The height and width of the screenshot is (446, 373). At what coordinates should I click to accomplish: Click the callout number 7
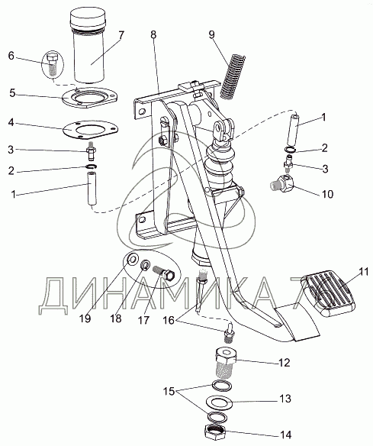pos(121,36)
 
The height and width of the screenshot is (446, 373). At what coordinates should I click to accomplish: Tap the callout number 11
pos(364,272)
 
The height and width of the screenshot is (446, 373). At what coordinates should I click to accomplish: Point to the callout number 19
pos(85,318)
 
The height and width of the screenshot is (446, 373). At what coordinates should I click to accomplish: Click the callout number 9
pos(211,34)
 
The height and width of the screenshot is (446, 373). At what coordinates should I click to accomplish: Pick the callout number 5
pos(12,93)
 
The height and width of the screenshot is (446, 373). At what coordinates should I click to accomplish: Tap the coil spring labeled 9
pos(233,76)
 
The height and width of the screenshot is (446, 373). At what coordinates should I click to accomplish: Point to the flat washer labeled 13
pos(219,402)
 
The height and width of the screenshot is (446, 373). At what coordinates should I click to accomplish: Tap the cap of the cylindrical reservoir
pos(88,17)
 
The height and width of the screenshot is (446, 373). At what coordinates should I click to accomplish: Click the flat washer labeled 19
pos(132,259)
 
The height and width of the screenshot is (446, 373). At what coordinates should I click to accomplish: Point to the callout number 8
pos(153,34)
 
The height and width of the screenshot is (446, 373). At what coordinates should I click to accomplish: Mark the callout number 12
pos(284,363)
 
